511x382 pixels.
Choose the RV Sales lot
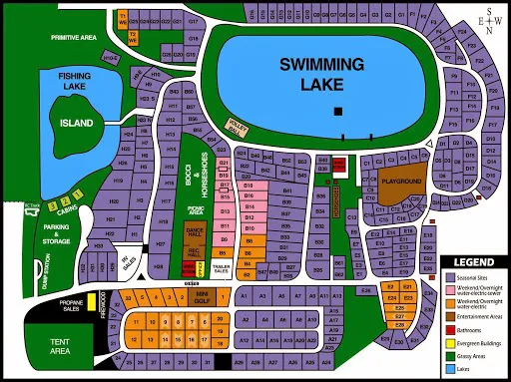[x=125, y=262]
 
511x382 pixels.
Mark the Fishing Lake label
[x=74, y=81]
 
